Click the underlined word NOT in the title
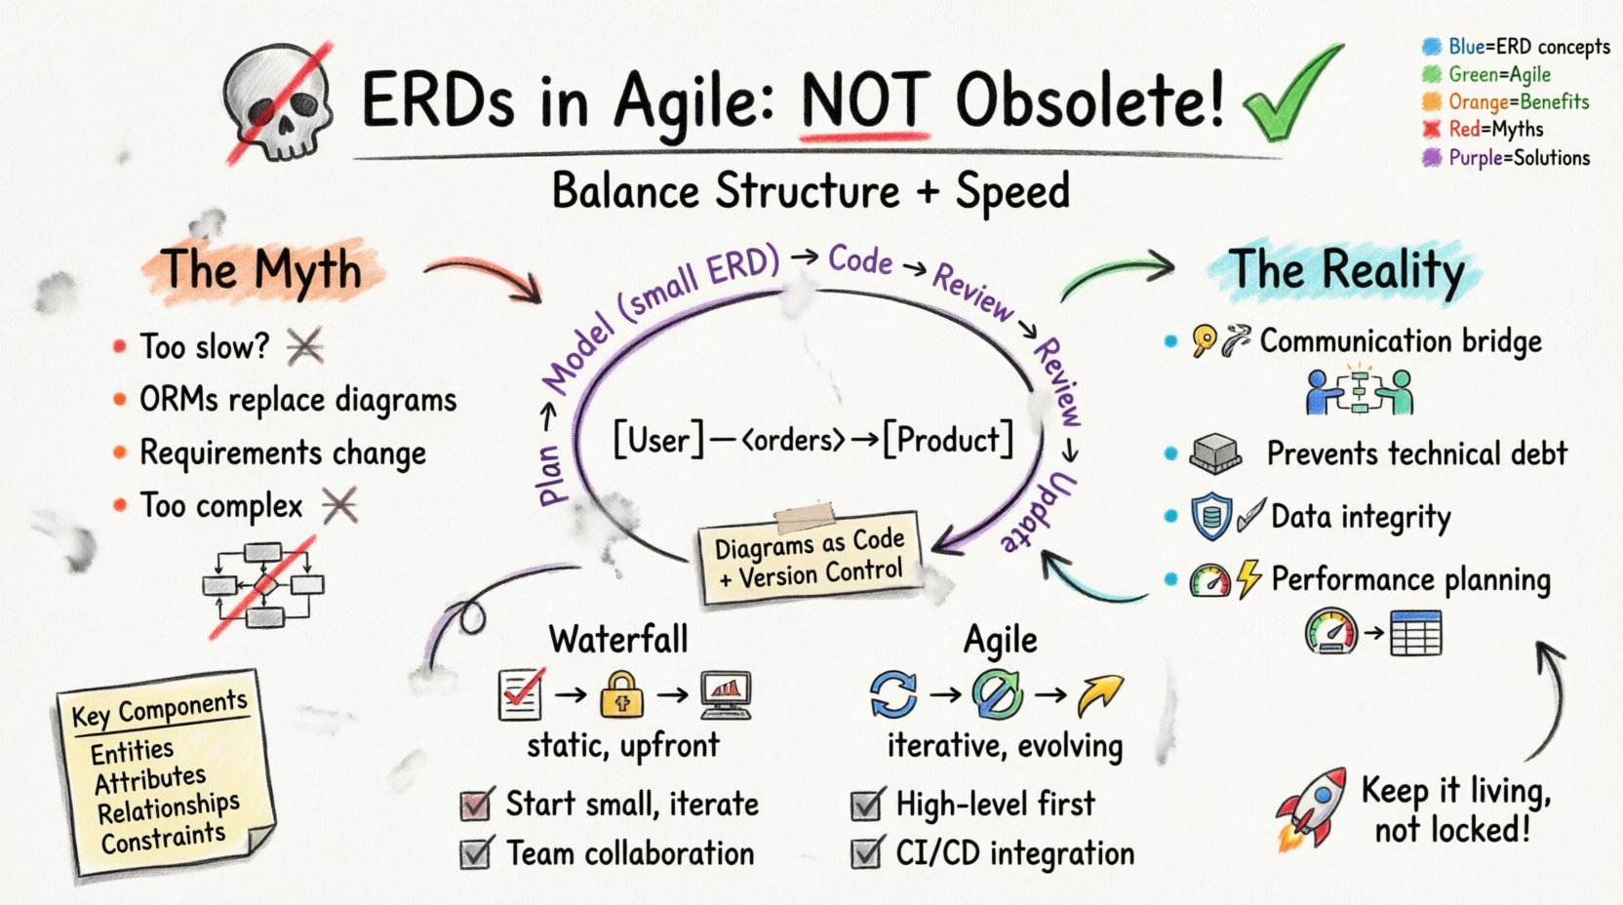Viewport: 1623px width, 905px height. pyautogui.click(x=863, y=100)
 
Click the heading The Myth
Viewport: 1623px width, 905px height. pyautogui.click(x=261, y=269)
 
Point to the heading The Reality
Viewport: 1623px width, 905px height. pyautogui.click(x=1346, y=269)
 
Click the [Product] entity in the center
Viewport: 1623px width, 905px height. pyautogui.click(x=949, y=440)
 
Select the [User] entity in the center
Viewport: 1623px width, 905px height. pyautogui.click(x=658, y=440)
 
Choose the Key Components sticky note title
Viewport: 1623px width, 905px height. pyautogui.click(x=159, y=707)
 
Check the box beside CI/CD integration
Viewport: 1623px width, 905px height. pyautogui.click(x=867, y=853)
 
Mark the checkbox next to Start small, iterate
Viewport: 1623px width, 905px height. pyautogui.click(x=476, y=805)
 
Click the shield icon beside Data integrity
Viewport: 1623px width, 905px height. pyautogui.click(x=1211, y=517)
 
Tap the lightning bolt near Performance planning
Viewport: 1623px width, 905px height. pyautogui.click(x=1248, y=579)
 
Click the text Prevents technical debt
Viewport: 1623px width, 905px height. pyautogui.click(x=1416, y=453)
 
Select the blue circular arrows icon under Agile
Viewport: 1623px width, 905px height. pyautogui.click(x=893, y=694)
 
